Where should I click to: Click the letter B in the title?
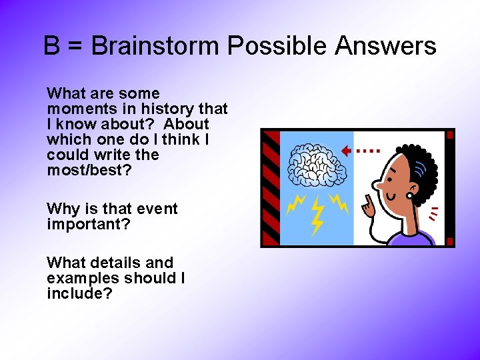coord(51,47)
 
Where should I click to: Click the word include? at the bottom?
coord(79,293)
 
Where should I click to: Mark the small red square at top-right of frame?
coord(450,135)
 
